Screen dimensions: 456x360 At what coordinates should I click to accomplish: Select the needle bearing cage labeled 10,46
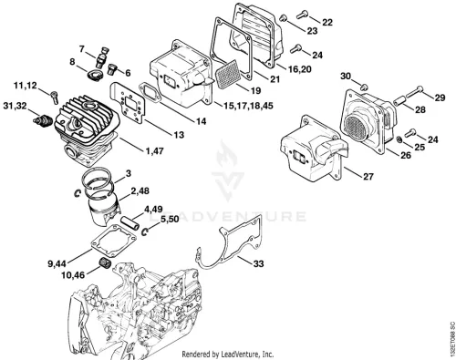tap(106, 262)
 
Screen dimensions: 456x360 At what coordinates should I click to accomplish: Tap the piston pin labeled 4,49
tap(130, 222)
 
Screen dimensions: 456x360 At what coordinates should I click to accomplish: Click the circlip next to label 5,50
tap(146, 231)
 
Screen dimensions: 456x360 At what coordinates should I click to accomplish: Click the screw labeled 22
tap(303, 15)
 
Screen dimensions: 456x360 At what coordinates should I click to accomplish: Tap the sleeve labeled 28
tap(399, 101)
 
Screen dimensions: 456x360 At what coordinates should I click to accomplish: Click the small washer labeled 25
tap(399, 140)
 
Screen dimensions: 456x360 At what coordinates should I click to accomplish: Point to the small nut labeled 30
tap(364, 87)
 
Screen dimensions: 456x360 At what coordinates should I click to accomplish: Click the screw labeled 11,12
tap(55, 97)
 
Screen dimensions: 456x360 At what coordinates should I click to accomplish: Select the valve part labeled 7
tap(102, 57)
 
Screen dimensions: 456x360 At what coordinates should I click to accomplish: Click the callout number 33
tap(258, 263)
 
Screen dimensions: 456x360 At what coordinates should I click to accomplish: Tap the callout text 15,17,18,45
tap(248, 106)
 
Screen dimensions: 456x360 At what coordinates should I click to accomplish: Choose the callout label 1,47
tap(155, 150)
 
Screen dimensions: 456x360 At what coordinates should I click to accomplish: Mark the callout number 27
tap(368, 176)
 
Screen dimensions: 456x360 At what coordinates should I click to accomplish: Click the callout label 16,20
tap(300, 69)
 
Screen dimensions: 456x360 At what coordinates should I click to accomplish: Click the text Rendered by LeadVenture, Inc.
tap(228, 355)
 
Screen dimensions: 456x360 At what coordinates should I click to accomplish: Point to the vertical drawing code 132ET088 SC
tap(452, 336)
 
